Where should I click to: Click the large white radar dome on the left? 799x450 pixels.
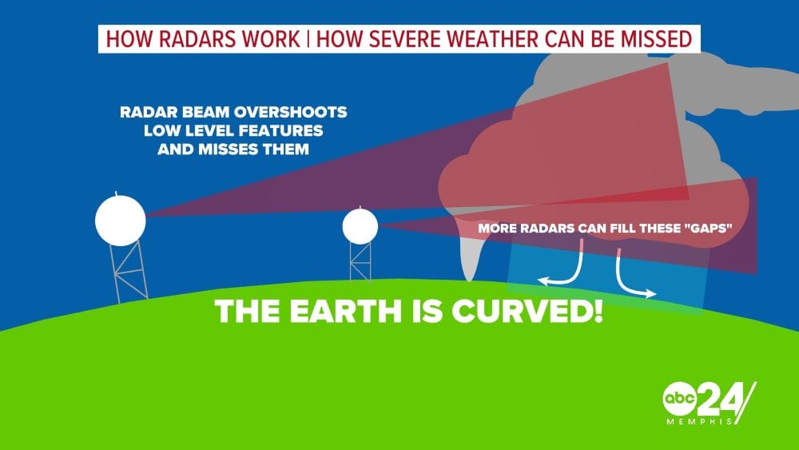coord(121,218)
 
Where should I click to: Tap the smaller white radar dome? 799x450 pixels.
coord(360,227)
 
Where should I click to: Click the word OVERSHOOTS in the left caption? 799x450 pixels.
coord(288,112)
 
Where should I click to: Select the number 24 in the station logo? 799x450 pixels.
coord(721,397)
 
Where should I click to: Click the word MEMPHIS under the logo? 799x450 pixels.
coord(701,421)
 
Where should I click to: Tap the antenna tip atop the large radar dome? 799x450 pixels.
coord(118,193)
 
